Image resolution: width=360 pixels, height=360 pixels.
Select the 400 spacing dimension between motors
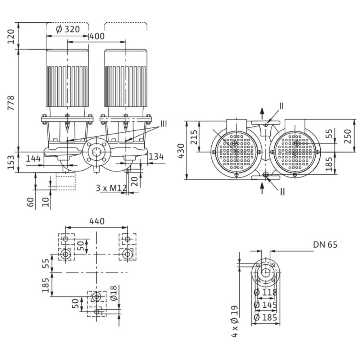click(97, 36)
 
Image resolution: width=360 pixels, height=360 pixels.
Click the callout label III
click(163, 123)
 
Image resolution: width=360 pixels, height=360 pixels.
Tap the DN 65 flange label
click(325, 245)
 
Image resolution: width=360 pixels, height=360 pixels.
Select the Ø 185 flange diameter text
click(265, 318)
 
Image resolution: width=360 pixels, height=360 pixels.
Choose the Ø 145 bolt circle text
click(265, 305)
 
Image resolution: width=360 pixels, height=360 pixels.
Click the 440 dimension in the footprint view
click(96, 221)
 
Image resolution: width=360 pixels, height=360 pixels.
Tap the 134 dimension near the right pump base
click(156, 157)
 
